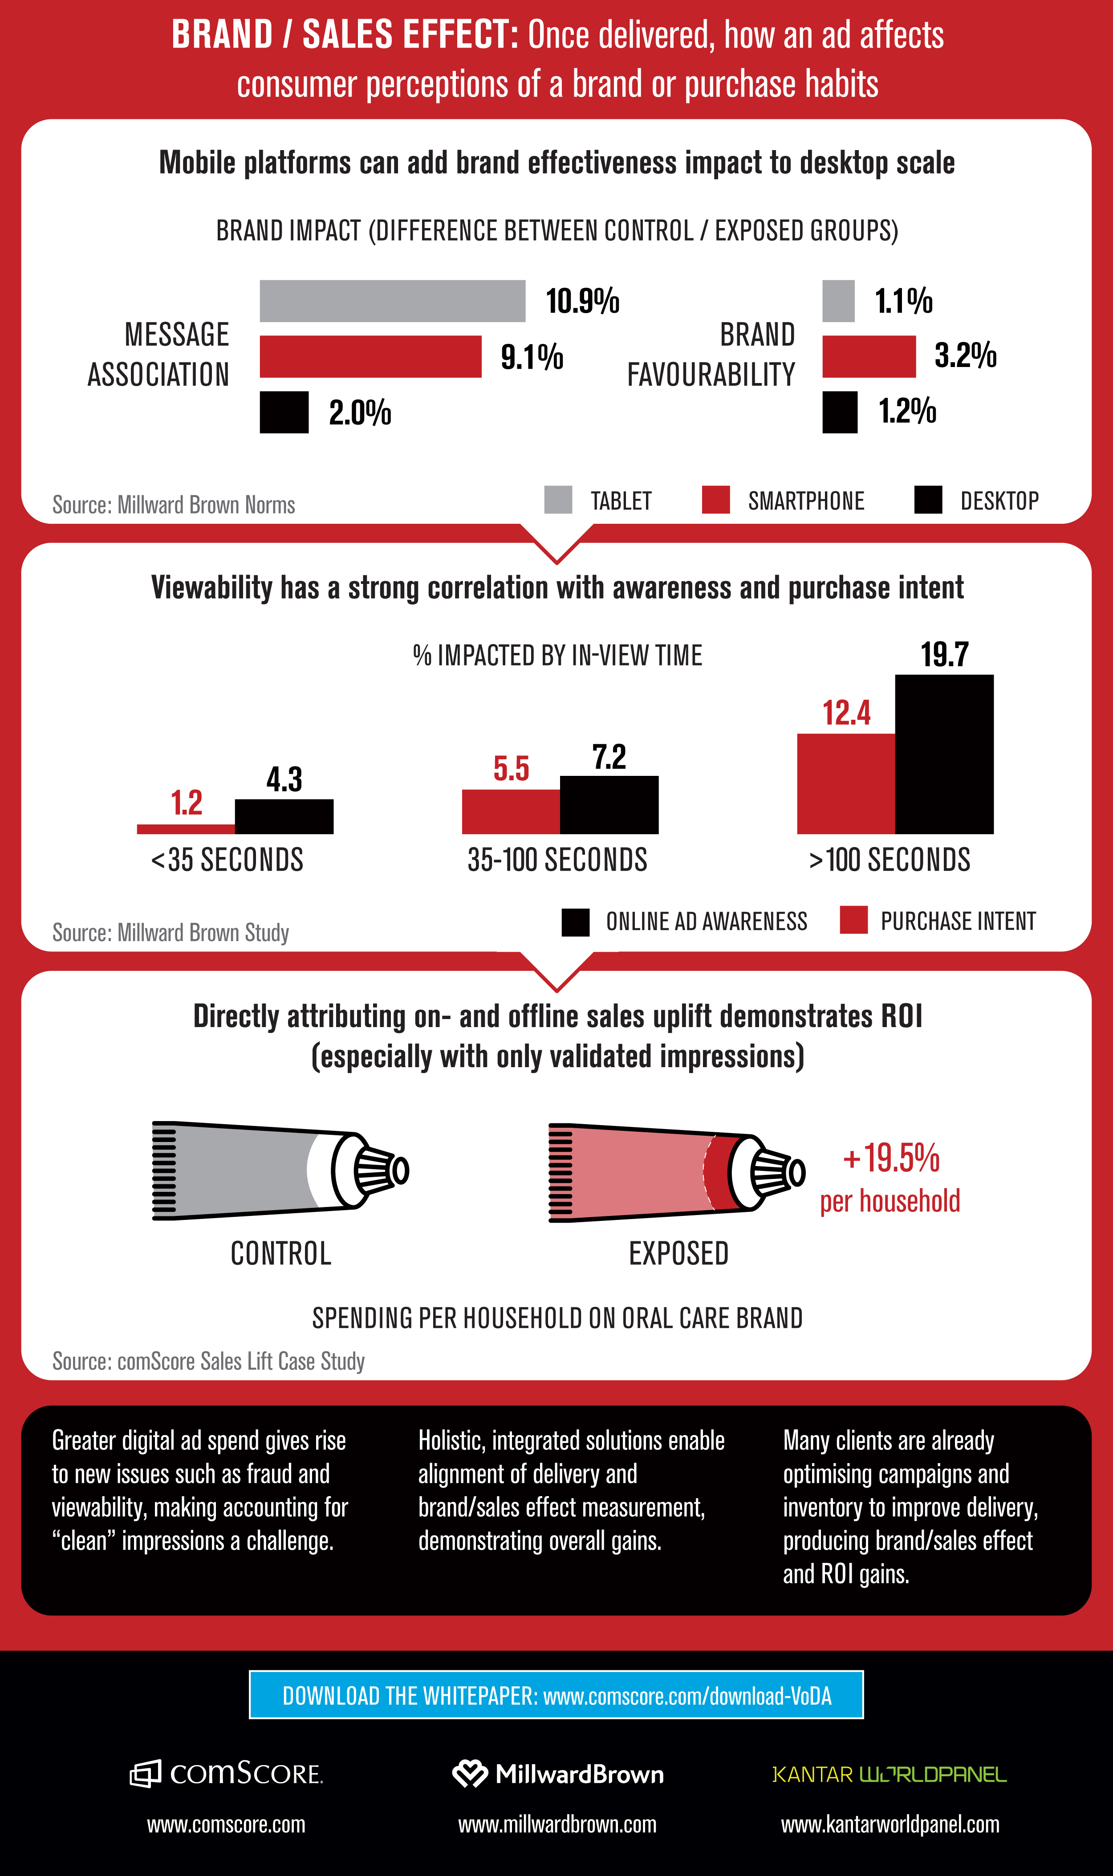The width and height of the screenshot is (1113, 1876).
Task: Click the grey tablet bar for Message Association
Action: tap(392, 301)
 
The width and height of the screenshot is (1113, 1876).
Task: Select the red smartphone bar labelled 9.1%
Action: tap(370, 356)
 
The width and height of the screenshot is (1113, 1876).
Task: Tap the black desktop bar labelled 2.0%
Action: tap(284, 412)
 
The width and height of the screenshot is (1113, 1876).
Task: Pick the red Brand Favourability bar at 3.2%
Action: tap(869, 356)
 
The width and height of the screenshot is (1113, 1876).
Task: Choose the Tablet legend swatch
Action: tap(558, 500)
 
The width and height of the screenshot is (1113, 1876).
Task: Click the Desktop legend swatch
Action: tap(928, 500)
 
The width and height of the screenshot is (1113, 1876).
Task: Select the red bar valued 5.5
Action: tap(511, 812)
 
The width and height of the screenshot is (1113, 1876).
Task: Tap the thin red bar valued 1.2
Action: tap(186, 829)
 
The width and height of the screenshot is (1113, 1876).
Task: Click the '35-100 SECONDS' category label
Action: tap(557, 860)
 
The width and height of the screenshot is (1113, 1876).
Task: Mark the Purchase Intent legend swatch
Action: tap(853, 920)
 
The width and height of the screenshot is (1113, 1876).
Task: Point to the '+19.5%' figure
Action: tap(891, 1158)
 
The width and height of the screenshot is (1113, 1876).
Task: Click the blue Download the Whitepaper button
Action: tap(556, 1694)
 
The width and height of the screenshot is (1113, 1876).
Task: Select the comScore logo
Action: tap(227, 1773)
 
